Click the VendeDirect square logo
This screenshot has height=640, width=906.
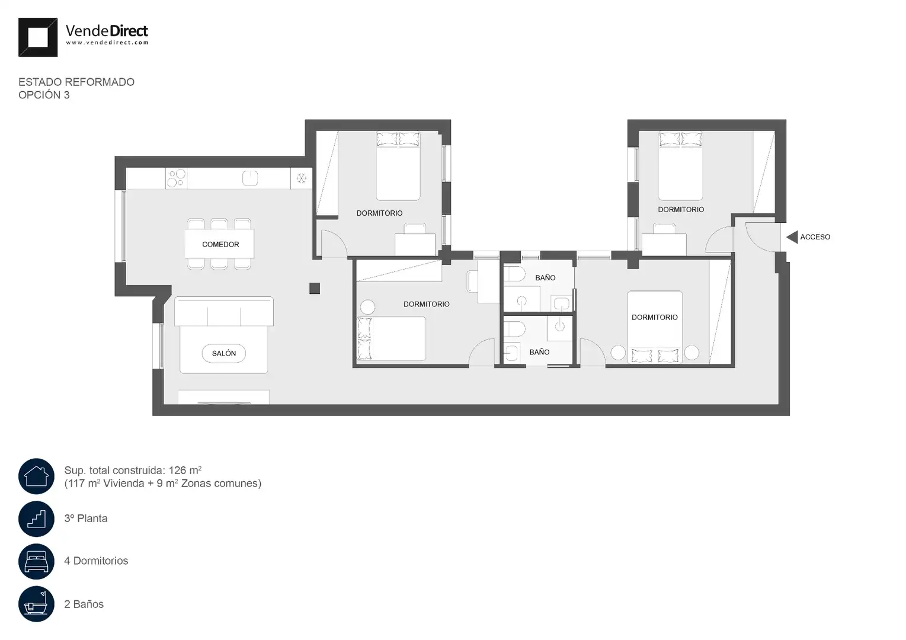pos(37,37)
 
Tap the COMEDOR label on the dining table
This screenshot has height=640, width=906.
pos(220,244)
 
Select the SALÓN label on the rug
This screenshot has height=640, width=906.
pos(223,353)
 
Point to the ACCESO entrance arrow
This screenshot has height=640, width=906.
pos(792,237)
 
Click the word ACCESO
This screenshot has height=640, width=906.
pos(815,237)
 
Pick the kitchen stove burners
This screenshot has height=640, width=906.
pos(177,178)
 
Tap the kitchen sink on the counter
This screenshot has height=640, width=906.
pos(250,178)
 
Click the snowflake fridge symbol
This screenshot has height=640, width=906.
pos(302,178)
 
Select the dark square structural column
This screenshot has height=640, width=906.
pos(315,288)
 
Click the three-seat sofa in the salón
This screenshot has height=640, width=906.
pos(223,312)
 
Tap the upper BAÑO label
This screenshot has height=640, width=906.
pos(545,278)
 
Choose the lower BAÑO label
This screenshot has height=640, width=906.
pos(540,353)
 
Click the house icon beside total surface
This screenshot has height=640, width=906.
pos(36,476)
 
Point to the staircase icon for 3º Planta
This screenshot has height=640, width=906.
pos(36,519)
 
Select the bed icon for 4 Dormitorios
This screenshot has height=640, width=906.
pos(36,562)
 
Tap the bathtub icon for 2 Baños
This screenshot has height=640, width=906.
pos(36,604)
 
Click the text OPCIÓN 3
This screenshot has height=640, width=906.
pos(44,95)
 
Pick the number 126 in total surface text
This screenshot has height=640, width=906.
pos(177,471)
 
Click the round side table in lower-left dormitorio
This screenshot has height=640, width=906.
pos(367,307)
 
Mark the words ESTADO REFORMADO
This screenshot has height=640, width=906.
pos(76,82)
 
